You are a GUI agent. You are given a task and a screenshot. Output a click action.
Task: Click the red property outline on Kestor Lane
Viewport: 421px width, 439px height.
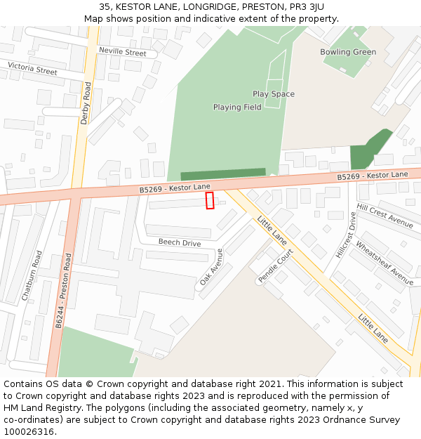[x=210, y=201]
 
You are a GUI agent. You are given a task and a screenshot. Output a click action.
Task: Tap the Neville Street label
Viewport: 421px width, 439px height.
[x=122, y=52]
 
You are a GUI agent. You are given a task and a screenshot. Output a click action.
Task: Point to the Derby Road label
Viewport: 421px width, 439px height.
[x=86, y=103]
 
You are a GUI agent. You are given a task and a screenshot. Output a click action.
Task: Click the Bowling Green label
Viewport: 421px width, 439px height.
[x=348, y=52]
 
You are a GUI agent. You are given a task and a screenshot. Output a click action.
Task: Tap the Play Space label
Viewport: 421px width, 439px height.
[x=274, y=94]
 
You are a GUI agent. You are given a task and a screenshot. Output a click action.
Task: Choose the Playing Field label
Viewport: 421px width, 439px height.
[x=237, y=107]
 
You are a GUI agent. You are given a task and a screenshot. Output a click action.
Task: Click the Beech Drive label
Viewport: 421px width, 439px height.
[x=179, y=243]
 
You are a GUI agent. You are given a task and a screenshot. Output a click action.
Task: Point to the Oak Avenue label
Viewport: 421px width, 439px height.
[x=210, y=266]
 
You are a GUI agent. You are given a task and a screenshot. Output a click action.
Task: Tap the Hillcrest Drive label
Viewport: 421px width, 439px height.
[x=345, y=235]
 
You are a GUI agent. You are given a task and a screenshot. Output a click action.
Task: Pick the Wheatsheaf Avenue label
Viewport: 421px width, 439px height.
[x=385, y=258]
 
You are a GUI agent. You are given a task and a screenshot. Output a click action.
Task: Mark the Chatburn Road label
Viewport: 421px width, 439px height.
[x=32, y=276]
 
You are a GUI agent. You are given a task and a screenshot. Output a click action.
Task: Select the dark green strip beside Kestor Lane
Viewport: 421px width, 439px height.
[x=223, y=174]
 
